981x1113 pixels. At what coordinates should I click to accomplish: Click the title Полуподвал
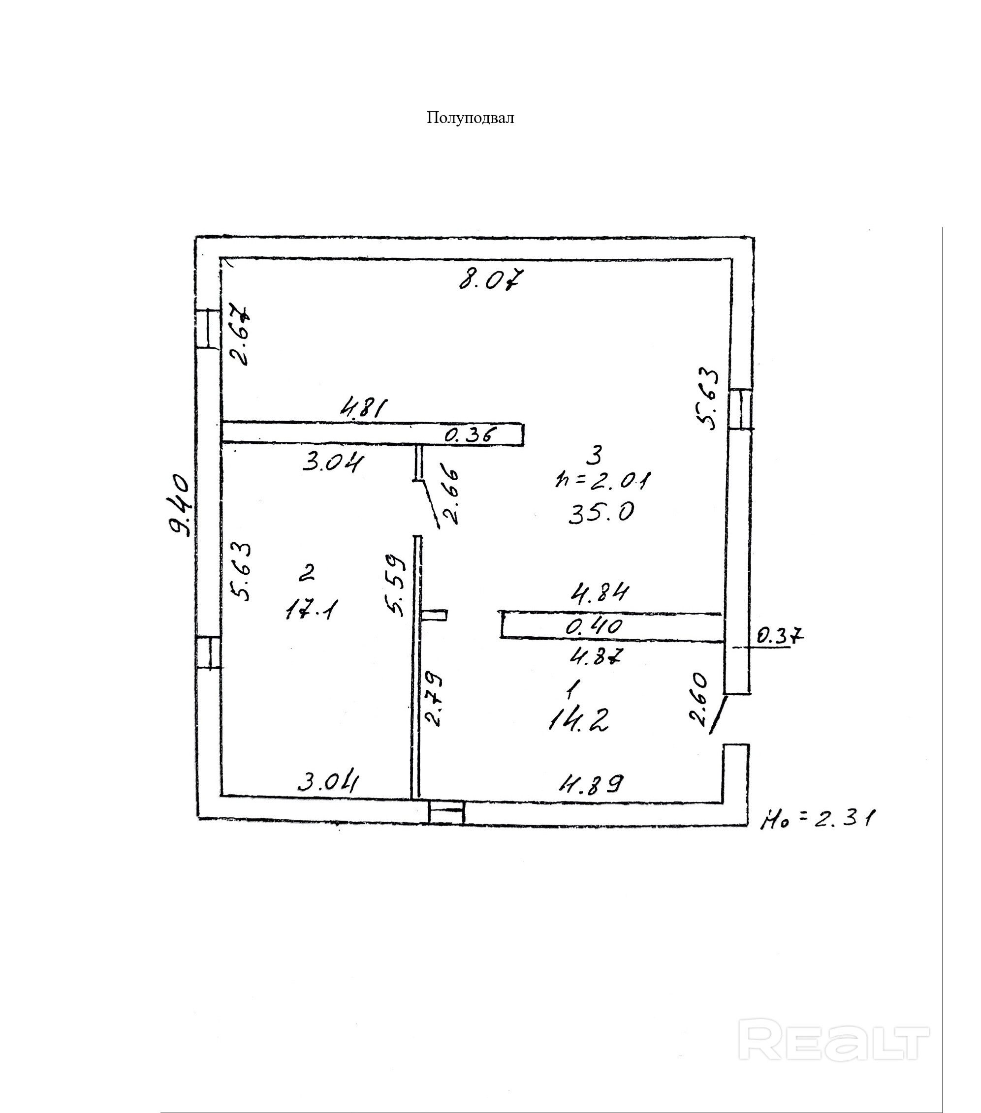pos(470,118)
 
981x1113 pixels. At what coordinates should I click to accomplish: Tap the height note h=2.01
pos(602,480)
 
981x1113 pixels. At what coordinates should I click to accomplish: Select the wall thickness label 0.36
pos(471,434)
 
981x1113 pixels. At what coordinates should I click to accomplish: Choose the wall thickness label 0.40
pos(594,627)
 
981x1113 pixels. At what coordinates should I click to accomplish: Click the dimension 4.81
pos(363,408)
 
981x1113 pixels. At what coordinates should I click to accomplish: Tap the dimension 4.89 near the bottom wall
pos(589,783)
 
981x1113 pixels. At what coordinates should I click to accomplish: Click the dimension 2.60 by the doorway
pos(699,700)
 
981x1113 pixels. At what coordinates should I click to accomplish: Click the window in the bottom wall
pos(446,813)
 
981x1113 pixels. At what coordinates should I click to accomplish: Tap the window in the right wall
pos(740,409)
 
